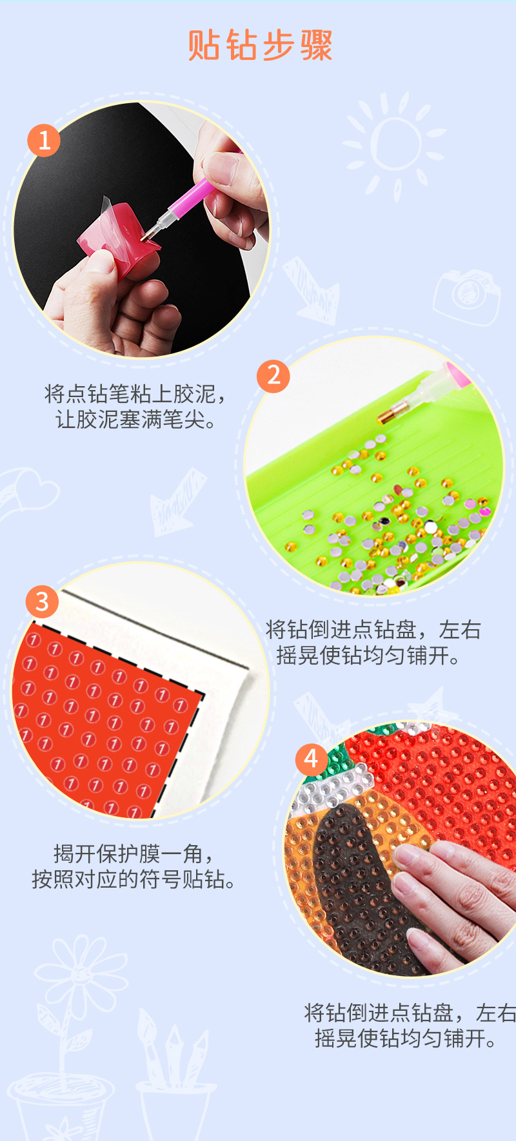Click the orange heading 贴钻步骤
tap(260, 46)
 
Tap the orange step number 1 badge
tap(44, 141)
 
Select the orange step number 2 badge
tap(273, 376)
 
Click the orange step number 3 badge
tap(42, 601)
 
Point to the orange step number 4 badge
tap(311, 759)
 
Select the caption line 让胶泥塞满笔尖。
tap(135, 420)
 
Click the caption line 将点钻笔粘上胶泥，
tap(135, 393)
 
